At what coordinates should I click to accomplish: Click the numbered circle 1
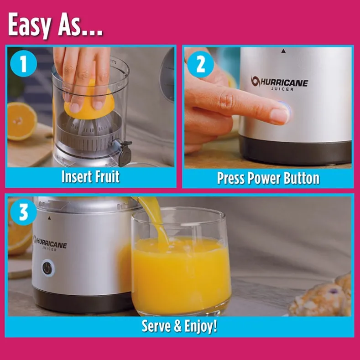pos(24,63)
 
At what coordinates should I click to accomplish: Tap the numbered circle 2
pos(200,65)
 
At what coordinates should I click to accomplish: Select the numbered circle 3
pos(23,212)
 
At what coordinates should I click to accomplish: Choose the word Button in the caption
pos(302,178)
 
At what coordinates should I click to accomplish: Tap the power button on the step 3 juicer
pos(48,268)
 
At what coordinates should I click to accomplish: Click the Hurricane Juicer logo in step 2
pos(279,83)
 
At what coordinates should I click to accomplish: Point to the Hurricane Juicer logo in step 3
pos(50,243)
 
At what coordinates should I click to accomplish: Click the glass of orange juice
pos(181,262)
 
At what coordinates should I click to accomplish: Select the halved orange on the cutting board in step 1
pos(21,121)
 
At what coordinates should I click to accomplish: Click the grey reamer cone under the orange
pos(89,126)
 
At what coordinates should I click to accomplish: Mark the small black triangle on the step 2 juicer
pos(284,51)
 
